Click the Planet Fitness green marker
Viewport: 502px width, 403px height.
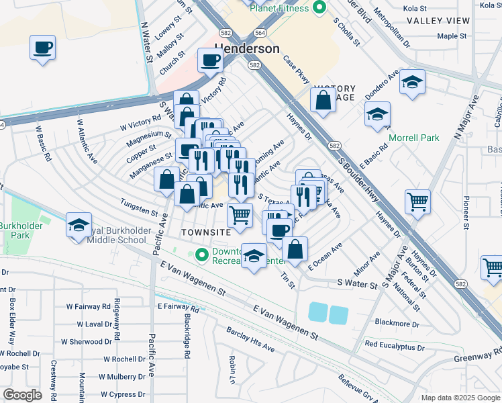pos(319,8)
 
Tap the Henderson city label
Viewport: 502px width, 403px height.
pos(247,49)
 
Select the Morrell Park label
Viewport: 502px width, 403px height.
pos(413,138)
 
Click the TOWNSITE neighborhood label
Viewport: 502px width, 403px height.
pos(206,231)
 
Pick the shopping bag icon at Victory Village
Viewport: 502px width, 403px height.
pos(323,101)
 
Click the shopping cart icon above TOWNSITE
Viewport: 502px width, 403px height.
pos(240,215)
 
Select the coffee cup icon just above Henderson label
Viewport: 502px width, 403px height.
pos(210,61)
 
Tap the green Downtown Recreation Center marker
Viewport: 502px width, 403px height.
pos(201,255)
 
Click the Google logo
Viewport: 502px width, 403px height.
pos(22,394)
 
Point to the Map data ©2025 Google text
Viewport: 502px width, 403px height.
pos(460,398)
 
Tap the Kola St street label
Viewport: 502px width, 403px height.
pos(413,8)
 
